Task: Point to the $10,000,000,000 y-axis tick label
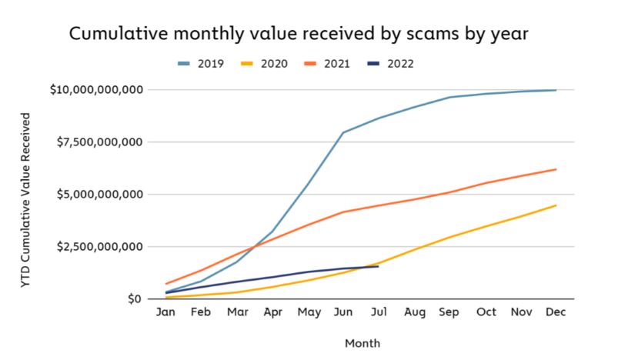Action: [96, 90]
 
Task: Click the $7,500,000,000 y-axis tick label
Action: [100, 142]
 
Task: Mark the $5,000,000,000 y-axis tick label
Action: [100, 195]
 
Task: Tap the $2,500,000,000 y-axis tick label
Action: [100, 247]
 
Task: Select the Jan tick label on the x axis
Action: [165, 314]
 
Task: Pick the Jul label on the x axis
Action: [379, 314]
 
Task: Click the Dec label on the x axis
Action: [556, 314]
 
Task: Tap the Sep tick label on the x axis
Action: [449, 314]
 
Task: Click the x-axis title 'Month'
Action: [361, 343]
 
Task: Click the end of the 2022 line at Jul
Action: [378, 266]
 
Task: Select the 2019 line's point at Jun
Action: [342, 132]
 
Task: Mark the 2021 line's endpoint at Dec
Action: [556, 169]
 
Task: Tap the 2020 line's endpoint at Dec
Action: [556, 205]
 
